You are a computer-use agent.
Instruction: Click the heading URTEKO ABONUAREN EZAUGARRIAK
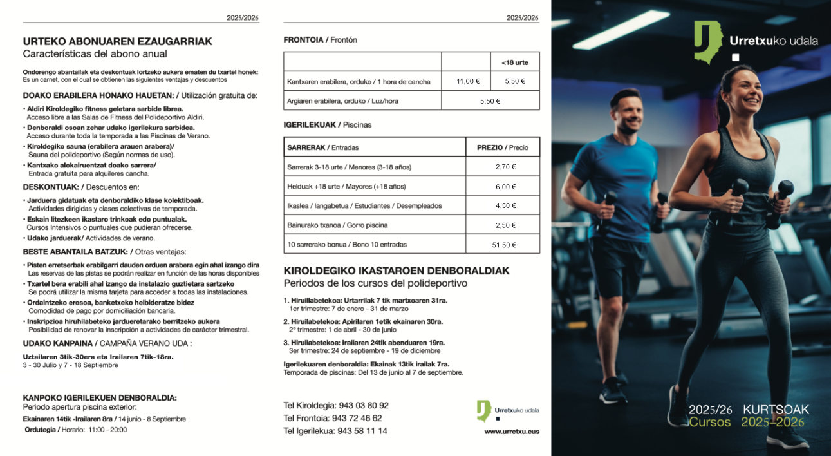click(117, 41)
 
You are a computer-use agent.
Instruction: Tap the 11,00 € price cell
click(468, 81)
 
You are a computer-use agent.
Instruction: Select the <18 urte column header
click(514, 62)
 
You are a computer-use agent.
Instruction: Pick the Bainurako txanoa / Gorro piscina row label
click(337, 225)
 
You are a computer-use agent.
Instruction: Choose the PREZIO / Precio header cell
click(502, 147)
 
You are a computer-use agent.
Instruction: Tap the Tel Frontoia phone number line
click(333, 418)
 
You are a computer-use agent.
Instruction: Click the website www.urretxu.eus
click(512, 432)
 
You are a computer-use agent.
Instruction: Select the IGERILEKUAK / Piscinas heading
click(328, 124)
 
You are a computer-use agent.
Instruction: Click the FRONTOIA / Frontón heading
click(320, 40)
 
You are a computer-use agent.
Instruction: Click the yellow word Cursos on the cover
click(709, 423)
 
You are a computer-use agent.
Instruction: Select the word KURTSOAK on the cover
click(776, 410)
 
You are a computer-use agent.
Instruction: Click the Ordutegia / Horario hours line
click(75, 430)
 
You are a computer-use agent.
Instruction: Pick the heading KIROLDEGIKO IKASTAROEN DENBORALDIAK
click(397, 271)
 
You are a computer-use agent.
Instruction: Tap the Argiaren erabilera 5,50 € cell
click(490, 101)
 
